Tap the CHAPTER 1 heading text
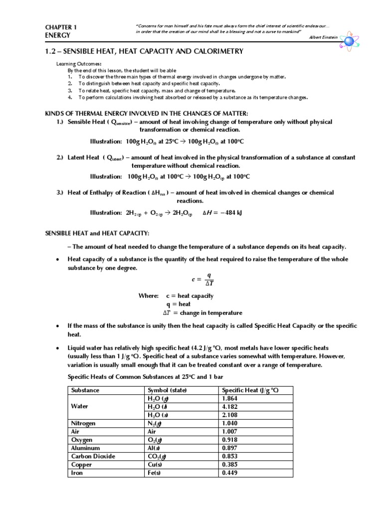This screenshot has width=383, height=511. click(x=61, y=27)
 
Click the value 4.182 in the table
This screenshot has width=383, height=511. click(x=230, y=407)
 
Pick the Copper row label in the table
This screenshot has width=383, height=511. click(x=83, y=464)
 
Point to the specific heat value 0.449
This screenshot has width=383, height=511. click(x=230, y=473)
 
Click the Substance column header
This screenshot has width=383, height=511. click(x=85, y=390)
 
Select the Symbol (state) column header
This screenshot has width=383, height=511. click(x=167, y=390)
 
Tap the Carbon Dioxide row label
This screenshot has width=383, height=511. click(x=93, y=456)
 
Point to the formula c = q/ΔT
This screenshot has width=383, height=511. click(x=202, y=279)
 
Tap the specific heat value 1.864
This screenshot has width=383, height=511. click(x=230, y=399)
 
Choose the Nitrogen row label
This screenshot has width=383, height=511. click(x=84, y=423)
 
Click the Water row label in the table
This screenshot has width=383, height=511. click(x=80, y=407)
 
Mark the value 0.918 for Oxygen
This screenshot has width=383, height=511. click(x=230, y=440)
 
